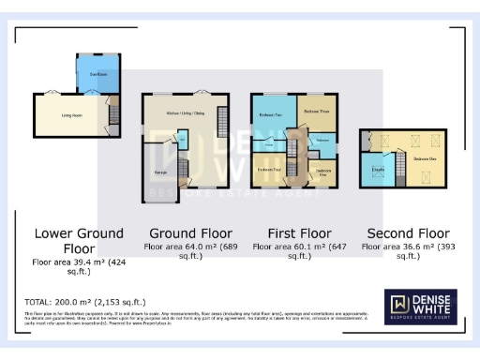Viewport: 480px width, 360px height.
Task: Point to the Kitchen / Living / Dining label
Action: (x=184, y=112)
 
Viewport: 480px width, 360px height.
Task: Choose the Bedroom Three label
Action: (x=316, y=111)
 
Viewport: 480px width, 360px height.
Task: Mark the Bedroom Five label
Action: (x=322, y=172)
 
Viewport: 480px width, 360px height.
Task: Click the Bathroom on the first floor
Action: (x=322, y=140)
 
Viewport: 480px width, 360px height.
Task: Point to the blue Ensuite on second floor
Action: (x=379, y=168)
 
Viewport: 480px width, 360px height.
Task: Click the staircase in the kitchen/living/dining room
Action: (x=222, y=122)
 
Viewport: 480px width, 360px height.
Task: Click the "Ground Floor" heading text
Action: (x=192, y=233)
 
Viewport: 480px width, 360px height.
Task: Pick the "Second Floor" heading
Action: (x=408, y=233)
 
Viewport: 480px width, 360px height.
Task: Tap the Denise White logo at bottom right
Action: (x=421, y=307)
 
